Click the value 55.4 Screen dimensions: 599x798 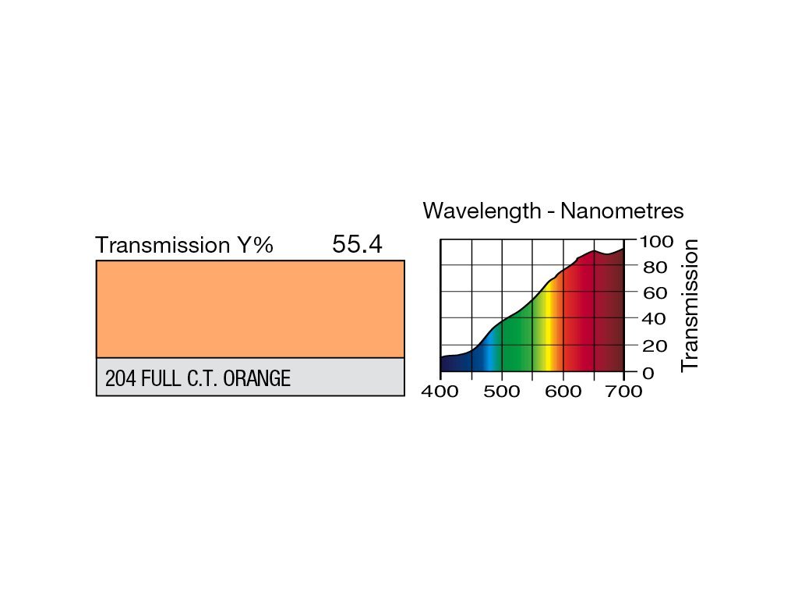(357, 244)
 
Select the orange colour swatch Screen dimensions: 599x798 (250, 309)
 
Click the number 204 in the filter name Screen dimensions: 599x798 (119, 379)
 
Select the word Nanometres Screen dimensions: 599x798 (622, 211)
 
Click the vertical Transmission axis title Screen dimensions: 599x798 (690, 305)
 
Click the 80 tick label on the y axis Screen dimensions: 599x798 (654, 268)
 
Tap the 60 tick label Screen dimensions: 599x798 (654, 293)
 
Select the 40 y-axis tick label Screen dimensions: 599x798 (654, 319)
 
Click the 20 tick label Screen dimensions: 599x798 (654, 346)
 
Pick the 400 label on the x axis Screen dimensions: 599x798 (441, 392)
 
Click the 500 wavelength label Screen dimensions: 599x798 (502, 392)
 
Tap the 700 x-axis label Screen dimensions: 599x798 (624, 392)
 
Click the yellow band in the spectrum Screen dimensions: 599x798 (550, 328)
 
